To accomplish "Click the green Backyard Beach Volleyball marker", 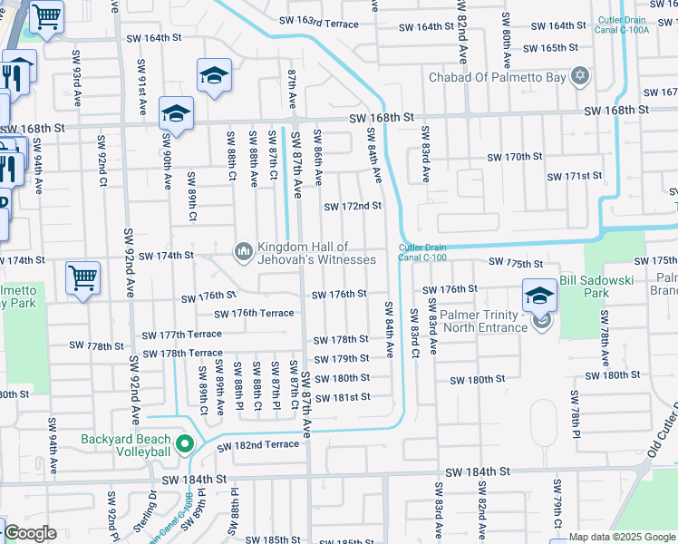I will [x=185, y=444].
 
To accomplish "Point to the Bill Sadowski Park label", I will [x=596, y=287].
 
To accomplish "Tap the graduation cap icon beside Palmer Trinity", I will [x=539, y=294].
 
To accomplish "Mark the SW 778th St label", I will [x=97, y=345].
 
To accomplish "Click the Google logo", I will [x=30, y=534].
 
